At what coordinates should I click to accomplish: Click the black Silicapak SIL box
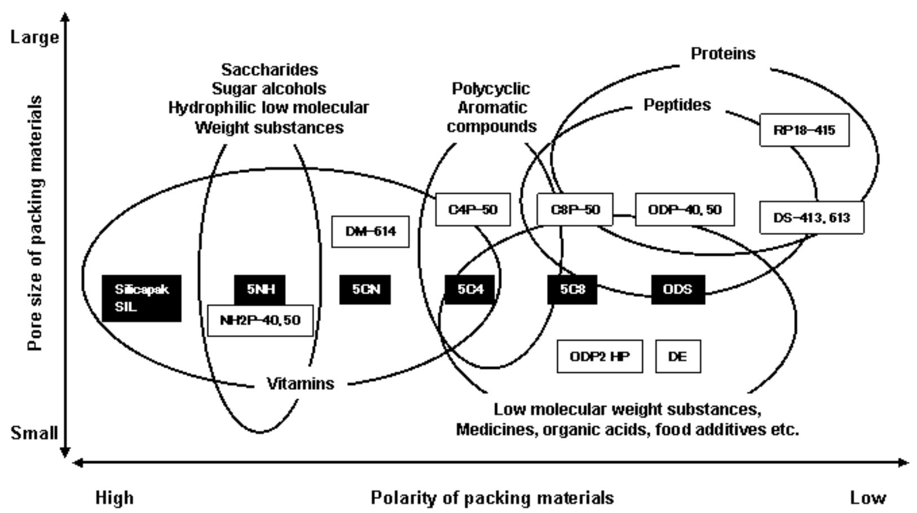pos(142,298)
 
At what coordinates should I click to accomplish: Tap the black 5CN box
pos(365,289)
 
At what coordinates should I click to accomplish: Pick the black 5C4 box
pos(470,289)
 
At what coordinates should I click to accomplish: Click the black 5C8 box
pos(572,289)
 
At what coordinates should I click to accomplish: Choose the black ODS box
pos(678,289)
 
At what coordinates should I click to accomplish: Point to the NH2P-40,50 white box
pos(260,320)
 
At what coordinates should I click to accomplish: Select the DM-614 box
pos(371,231)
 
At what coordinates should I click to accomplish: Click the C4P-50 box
pos(473,209)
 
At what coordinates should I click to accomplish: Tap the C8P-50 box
pos(575,209)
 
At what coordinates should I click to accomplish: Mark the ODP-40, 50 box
pos(685,209)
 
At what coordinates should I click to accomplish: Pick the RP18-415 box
pos(804,130)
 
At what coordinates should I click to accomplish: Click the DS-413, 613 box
pos(812,217)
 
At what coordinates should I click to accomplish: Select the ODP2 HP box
pos(599,356)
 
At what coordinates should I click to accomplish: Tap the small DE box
pos(678,356)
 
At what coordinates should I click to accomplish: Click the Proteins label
pos(723,53)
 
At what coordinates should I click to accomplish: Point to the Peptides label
pos(677,105)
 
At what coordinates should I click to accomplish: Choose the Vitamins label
pos(300,384)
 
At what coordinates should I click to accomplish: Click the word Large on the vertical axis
pos(34,38)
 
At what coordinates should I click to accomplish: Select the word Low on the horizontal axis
pos(868,498)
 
